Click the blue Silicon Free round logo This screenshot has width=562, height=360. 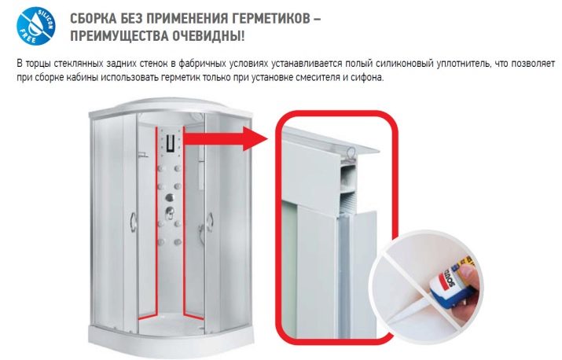[36, 25]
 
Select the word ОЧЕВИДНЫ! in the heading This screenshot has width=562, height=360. [208, 36]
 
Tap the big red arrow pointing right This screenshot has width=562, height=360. [225, 138]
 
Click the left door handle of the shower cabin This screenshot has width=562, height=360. [133, 221]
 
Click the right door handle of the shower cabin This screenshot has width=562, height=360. [210, 222]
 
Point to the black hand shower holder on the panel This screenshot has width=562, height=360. [171, 143]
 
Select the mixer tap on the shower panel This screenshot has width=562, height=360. [169, 212]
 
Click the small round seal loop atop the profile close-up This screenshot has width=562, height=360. [351, 152]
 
